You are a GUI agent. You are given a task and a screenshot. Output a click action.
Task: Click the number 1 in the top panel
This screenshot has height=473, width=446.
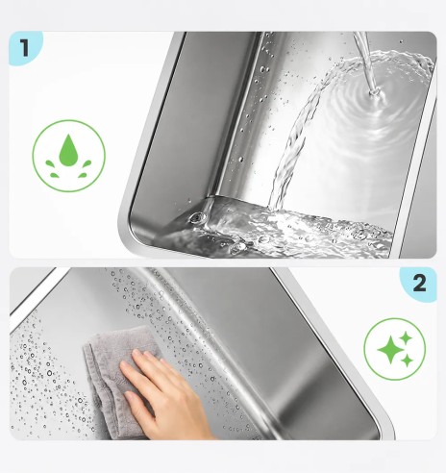click(x=25, y=48)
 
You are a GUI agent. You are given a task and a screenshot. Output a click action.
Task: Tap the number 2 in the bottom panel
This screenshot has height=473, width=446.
click(x=419, y=283)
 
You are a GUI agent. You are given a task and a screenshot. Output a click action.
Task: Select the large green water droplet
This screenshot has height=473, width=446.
click(x=68, y=150)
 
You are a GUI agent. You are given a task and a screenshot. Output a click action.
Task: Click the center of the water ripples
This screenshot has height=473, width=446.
click(x=374, y=93)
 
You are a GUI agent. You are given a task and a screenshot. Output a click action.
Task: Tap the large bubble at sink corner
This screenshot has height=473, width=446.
click(x=196, y=218)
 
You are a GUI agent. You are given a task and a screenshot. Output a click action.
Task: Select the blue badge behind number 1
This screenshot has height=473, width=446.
click(x=25, y=48)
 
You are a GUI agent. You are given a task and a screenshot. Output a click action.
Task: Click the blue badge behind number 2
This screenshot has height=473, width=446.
click(x=418, y=285)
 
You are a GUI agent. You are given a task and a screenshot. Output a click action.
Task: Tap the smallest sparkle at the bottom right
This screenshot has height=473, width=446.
click(x=408, y=361)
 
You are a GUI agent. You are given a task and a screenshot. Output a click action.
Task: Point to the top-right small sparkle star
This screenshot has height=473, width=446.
click(x=406, y=337)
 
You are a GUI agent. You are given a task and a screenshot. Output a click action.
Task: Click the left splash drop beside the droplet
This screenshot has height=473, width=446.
click(x=50, y=163)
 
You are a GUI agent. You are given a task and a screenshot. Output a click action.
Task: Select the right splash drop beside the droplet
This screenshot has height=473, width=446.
click(x=87, y=163)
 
